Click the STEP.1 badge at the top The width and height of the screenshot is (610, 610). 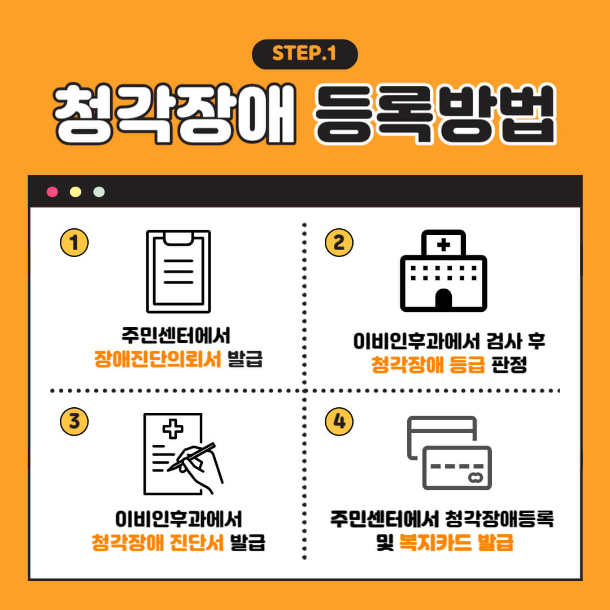tap(304, 54)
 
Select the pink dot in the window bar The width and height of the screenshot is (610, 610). tap(53, 192)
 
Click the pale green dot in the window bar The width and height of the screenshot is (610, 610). tap(99, 192)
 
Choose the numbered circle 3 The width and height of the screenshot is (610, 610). tap(74, 421)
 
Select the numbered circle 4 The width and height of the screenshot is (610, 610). tap(339, 421)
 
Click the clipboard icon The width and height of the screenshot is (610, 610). tap(178, 271)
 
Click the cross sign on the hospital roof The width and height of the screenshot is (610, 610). tap(444, 245)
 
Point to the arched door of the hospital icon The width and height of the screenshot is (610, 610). tap(444, 299)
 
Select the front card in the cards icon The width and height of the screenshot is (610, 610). tap(457, 467)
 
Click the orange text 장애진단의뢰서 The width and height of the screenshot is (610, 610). tap(158, 359)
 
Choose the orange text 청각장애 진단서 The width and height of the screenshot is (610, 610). tap(159, 543)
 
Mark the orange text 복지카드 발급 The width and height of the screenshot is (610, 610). tap(456, 543)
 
